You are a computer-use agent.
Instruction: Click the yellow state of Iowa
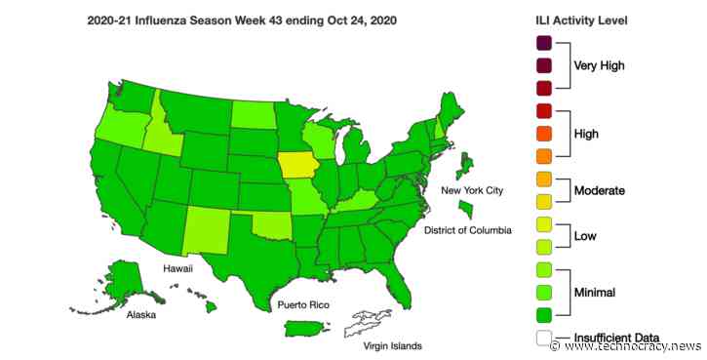(x=298, y=168)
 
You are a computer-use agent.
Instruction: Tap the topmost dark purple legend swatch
(x=543, y=42)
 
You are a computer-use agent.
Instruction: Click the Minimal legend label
(x=597, y=291)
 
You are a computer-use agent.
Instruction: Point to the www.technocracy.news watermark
(x=629, y=347)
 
